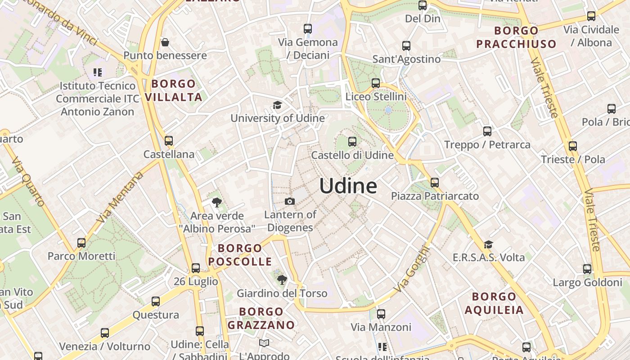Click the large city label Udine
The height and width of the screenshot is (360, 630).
pos(348,186)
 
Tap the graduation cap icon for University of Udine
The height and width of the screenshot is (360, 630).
pos(277,105)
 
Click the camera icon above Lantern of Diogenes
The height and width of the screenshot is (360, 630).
pos(290,201)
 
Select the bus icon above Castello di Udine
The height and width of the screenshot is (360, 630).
pos(352,142)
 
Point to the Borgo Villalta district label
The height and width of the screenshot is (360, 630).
pos(173,90)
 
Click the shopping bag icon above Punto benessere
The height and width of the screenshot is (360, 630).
pos(165,43)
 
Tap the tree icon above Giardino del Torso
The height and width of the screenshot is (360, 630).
pos(282,280)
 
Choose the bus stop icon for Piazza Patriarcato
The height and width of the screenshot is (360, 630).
pos(434,183)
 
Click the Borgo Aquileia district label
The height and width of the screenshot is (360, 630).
pos(494,303)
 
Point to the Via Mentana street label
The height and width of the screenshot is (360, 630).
pos(120,197)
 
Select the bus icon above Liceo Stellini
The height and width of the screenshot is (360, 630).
pos(376,83)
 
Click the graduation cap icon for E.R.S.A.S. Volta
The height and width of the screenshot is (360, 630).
pos(488,244)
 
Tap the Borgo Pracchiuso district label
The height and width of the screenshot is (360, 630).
pos(516,37)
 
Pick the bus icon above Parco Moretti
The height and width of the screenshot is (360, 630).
pos(81,243)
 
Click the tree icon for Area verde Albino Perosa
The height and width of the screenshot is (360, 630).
pos(217,202)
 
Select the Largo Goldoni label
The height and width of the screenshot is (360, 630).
pos(587,283)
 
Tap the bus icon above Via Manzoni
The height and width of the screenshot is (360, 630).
pos(381,314)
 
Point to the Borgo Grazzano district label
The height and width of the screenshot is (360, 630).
pos(261,318)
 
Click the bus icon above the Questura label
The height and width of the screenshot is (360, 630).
pos(156,301)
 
